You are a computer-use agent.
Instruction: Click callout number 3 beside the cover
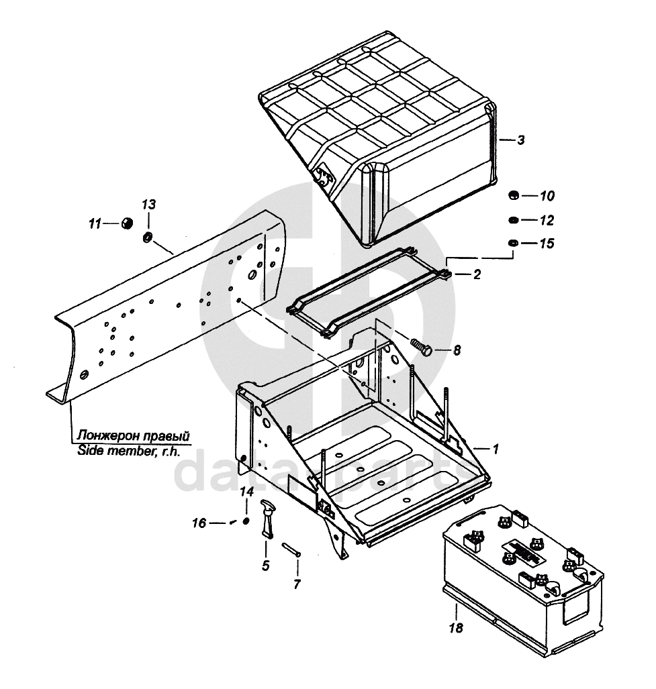pyautogui.click(x=520, y=140)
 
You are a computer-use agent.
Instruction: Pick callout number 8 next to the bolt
pyautogui.click(x=457, y=350)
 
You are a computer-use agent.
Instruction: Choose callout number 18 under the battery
pyautogui.click(x=457, y=629)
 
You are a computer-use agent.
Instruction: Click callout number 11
pyautogui.click(x=95, y=223)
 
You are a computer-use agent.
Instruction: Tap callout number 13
pyautogui.click(x=148, y=204)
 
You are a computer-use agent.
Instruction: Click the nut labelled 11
pyautogui.click(x=126, y=223)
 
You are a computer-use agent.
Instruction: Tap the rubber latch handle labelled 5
pyautogui.click(x=268, y=518)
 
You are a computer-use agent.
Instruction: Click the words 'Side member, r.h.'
pyautogui.click(x=128, y=451)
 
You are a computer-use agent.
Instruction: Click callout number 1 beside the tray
pyautogui.click(x=496, y=447)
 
